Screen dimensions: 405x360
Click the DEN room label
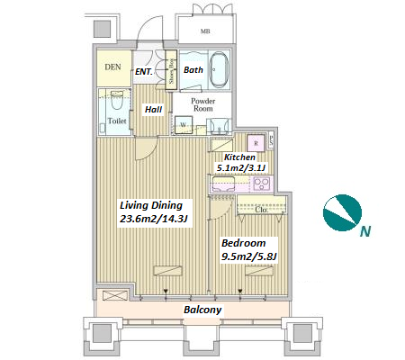coord(113,67)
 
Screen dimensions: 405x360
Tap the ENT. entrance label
coord(144,72)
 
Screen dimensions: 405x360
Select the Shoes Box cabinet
coord(171,69)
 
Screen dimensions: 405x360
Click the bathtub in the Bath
coord(219,70)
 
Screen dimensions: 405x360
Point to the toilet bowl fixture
coord(116,100)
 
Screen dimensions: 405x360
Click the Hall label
coord(154,110)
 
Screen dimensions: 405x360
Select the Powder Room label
coord(203,104)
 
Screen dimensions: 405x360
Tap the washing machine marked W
coord(184,125)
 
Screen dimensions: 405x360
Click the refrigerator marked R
coord(256,143)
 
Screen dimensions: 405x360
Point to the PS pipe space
coord(271,140)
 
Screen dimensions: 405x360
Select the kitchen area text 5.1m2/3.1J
coord(241,168)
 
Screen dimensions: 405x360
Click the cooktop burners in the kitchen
coord(262,184)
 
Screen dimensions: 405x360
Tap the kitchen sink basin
coord(223,184)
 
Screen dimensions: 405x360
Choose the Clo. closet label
coord(261,210)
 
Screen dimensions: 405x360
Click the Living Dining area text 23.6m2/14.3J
coord(154,219)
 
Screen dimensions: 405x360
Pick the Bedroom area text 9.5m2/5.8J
coord(249,256)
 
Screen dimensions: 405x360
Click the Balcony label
coord(202,310)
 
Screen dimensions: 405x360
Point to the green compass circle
coord(342,213)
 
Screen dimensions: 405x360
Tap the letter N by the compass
coord(365,231)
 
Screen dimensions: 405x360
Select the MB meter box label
coord(205,31)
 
